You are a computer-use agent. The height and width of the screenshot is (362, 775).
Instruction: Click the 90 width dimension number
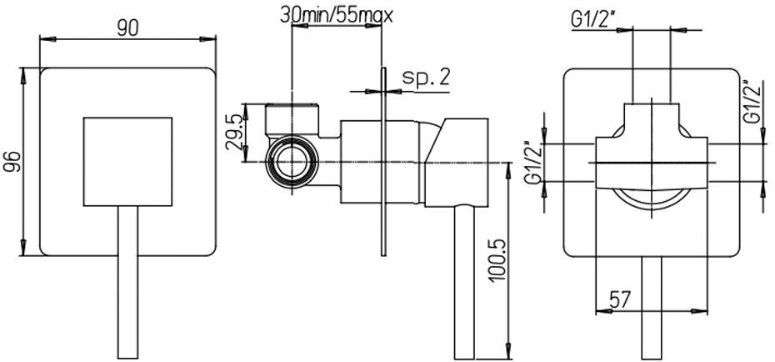coord(127,28)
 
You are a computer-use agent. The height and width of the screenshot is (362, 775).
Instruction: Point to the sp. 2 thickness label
coord(426,77)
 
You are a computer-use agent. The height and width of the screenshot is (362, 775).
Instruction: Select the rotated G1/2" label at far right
coord(752,102)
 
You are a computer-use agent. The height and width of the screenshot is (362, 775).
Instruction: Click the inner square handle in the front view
coord(127,161)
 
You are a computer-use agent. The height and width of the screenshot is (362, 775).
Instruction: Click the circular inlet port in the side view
coord(291,160)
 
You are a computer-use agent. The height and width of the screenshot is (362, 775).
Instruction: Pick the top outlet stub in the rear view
coord(651,117)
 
